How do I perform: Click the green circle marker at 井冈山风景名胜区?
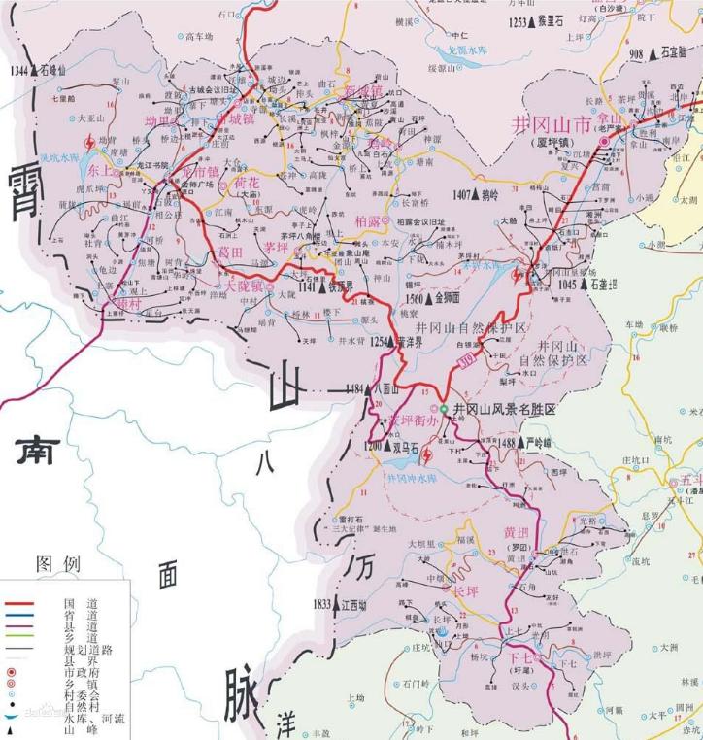coord(444,410)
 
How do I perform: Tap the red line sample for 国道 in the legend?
coord(18,603)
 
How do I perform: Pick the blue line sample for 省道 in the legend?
coord(18,615)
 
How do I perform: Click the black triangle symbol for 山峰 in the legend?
coord(11,729)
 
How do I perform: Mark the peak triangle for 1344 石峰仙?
coord(35,71)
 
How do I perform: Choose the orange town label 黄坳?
coord(517,532)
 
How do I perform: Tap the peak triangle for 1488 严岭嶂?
coord(510,443)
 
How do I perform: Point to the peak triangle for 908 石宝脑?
coord(653,54)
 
